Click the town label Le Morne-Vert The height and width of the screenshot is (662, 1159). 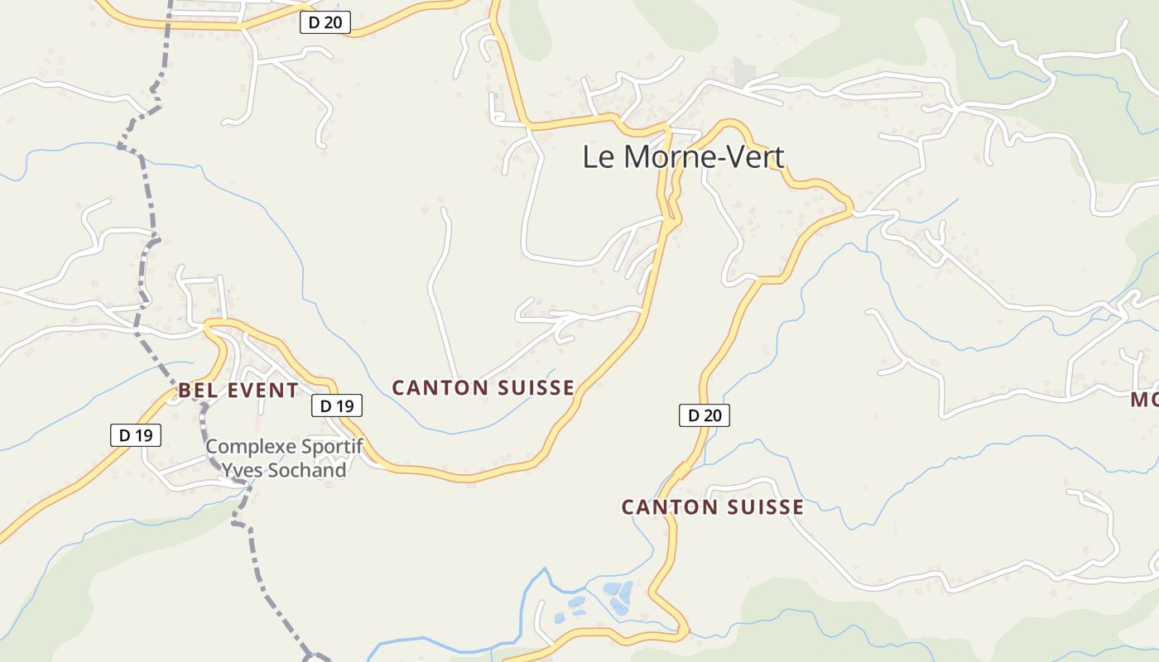tap(683, 156)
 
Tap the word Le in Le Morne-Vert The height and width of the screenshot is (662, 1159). tap(599, 156)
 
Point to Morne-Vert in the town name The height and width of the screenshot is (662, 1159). tap(702, 156)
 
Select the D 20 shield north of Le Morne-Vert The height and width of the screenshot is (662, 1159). tap(325, 23)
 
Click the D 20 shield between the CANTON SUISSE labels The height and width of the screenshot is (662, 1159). tap(705, 415)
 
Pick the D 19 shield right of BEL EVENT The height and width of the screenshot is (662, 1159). tap(337, 405)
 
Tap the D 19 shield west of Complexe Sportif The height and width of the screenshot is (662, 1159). tap(136, 435)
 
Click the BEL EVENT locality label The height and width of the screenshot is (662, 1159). tap(238, 391)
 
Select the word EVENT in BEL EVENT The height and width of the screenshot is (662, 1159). tap(262, 391)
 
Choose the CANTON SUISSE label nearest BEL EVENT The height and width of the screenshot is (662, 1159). tap(483, 387)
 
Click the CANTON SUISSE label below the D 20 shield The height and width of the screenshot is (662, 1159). tap(713, 507)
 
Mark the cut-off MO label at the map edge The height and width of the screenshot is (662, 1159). tap(1145, 401)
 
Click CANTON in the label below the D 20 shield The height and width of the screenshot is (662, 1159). tap(663, 507)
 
